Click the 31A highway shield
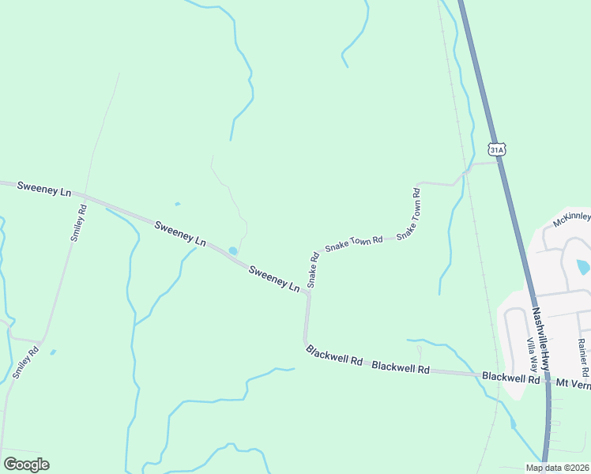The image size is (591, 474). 495,149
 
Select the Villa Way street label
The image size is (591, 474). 533,355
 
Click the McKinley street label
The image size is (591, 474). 571,219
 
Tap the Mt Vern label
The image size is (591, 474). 573,382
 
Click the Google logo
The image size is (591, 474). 26,464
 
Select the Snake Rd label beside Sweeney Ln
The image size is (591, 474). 313,269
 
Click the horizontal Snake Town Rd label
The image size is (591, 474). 353,243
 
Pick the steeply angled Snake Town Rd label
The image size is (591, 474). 408,213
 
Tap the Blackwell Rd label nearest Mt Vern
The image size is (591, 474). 511,378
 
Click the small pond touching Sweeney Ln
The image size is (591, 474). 232,251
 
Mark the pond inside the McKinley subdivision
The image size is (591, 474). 583,267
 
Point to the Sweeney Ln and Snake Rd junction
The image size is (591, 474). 307,292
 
